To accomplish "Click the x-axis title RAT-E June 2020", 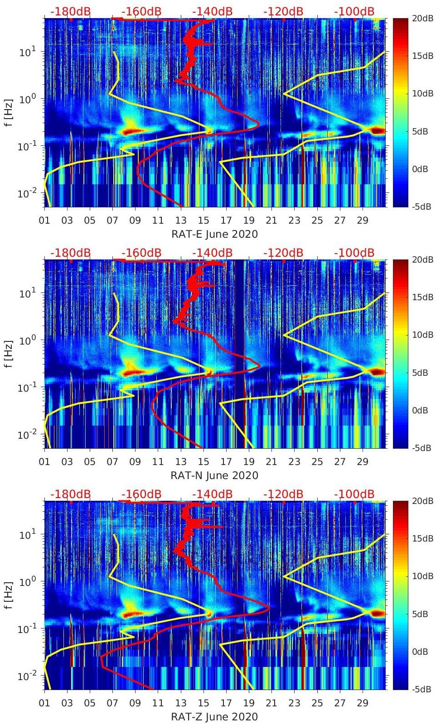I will coord(214,234).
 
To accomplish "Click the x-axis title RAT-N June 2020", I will coord(214,475).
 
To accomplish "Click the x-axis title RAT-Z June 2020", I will coord(214,717).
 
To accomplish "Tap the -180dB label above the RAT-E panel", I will coord(71,11).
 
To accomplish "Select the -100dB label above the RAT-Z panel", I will coord(354,494).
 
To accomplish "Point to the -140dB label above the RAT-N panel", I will coord(213,253).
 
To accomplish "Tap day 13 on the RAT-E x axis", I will coord(181,221).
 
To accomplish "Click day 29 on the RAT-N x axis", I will coord(363,462).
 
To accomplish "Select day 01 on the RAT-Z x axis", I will coord(44,703).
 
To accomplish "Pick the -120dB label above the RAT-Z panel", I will coord(283,494).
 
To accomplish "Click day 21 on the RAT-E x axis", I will coord(271,221).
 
